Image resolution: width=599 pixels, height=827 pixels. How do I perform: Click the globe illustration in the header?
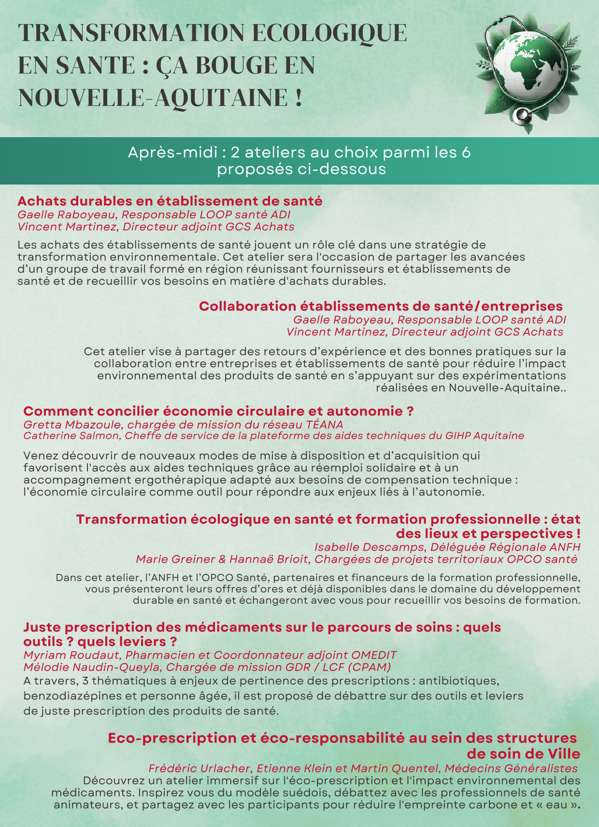click(x=527, y=68)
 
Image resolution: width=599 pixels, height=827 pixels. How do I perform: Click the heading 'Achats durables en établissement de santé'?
click(x=170, y=201)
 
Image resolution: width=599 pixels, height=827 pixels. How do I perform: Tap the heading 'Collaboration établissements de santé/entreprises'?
click(x=381, y=306)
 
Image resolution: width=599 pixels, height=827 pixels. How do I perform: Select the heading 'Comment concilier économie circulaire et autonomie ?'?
click(x=218, y=411)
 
